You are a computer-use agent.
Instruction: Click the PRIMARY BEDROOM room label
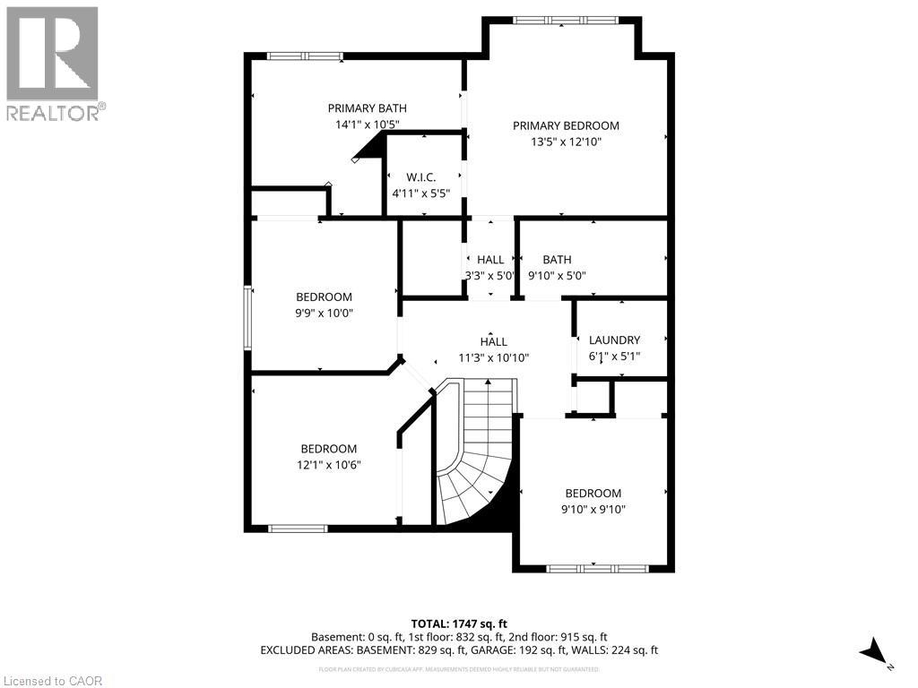[566, 125]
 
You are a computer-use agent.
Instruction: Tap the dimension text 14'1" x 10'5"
[367, 125]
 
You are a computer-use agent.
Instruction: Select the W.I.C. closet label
[420, 177]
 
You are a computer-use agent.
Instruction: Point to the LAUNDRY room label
[614, 340]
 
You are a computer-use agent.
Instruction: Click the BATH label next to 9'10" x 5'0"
[556, 260]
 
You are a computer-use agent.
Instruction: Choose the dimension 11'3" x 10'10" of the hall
[493, 357]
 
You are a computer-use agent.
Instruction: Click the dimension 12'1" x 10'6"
[328, 464]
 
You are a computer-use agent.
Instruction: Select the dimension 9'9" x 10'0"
[324, 314]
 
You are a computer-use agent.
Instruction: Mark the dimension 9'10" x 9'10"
[593, 509]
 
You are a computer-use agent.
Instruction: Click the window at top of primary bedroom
[565, 20]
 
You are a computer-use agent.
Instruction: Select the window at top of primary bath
[305, 56]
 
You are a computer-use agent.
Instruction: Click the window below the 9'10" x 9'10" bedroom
[597, 568]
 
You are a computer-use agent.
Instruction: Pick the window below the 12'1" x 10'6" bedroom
[299, 529]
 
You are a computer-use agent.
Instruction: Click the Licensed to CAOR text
[52, 681]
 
